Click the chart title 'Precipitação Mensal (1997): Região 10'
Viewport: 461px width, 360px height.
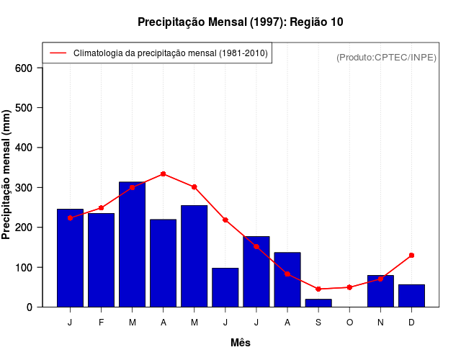point(240,22)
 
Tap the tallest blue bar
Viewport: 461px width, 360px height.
point(132,245)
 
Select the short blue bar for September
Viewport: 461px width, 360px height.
point(318,303)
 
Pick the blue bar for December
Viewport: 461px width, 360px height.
point(411,296)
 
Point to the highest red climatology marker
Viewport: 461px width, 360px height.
point(164,174)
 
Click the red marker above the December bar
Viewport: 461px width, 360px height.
point(411,255)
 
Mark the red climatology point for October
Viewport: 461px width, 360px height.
point(349,287)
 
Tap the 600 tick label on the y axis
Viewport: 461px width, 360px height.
point(24,68)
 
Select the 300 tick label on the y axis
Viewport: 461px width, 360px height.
point(24,188)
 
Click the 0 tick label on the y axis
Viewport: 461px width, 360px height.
point(30,307)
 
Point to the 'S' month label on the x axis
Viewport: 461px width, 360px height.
point(318,323)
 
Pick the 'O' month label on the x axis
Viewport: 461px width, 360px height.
point(349,323)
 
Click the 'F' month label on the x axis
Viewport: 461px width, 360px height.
point(101,323)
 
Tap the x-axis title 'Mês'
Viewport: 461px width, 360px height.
point(241,343)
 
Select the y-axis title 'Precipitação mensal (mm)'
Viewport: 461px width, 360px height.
point(7,175)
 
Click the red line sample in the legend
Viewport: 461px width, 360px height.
point(58,53)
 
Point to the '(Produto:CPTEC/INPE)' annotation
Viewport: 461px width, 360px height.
point(387,57)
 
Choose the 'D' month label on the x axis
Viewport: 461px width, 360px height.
point(411,323)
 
